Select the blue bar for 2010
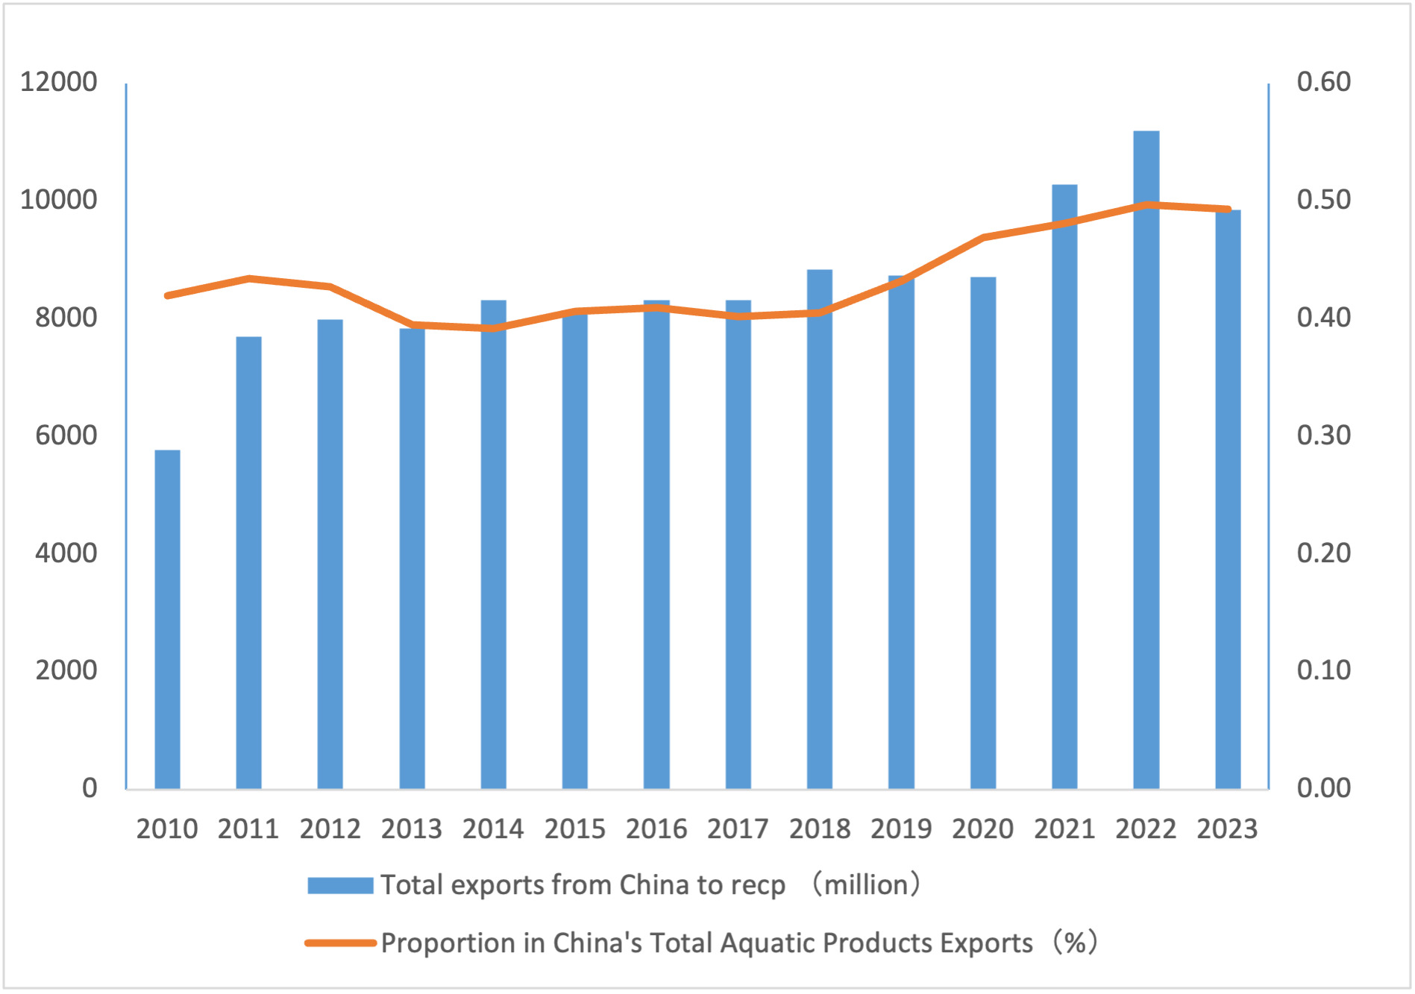167,619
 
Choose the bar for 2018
820,529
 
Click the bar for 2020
983,532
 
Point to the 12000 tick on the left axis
59,82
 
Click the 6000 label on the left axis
66,435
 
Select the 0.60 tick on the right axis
1323,82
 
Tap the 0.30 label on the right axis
1323,435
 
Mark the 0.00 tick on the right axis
1323,788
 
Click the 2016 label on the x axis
656,829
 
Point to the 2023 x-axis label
1227,829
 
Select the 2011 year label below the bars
248,829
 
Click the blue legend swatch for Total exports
340,885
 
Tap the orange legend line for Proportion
340,943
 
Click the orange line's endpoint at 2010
167,296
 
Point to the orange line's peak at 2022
1146,204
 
